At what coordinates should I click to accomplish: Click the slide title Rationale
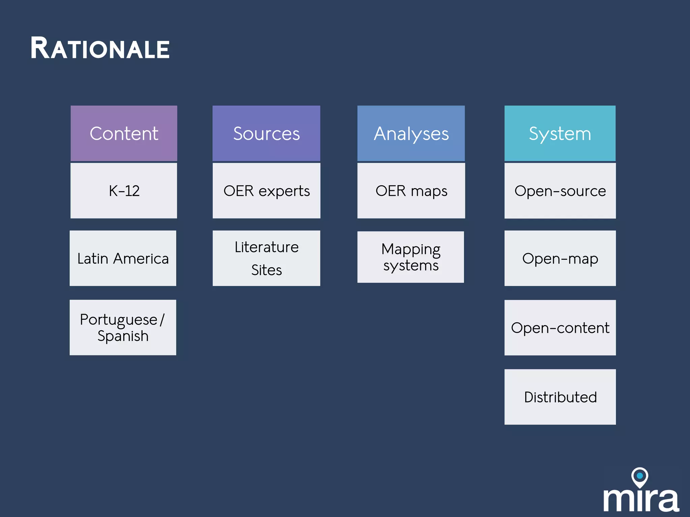tap(100, 48)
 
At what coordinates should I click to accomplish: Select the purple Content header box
tap(124, 133)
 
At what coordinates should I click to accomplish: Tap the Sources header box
tap(266, 133)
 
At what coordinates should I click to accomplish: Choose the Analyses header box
tap(411, 133)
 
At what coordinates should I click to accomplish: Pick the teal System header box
tap(560, 133)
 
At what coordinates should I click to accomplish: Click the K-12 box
tap(124, 191)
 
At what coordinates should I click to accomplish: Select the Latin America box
tap(123, 258)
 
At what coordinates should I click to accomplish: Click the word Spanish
tap(123, 336)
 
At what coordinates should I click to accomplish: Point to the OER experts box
tap(266, 191)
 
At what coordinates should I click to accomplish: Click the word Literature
tap(266, 247)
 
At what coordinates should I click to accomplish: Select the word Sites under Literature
tap(266, 270)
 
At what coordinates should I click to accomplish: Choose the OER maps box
tap(411, 191)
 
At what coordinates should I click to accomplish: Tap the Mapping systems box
tap(411, 257)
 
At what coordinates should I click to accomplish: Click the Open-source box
tap(560, 191)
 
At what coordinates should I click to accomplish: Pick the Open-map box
tap(560, 258)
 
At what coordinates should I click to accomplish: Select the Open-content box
tap(560, 328)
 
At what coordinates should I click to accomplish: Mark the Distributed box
tap(560, 397)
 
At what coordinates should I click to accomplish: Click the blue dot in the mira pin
tap(639, 476)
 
